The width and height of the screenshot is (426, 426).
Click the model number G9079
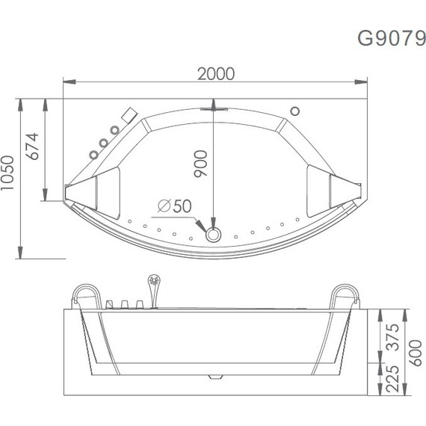(x=391, y=38)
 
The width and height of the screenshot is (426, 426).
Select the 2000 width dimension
(x=216, y=74)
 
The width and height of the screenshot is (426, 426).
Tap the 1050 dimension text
(x=7, y=173)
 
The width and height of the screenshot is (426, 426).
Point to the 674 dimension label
(x=32, y=146)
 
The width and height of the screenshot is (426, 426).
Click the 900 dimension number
(x=200, y=164)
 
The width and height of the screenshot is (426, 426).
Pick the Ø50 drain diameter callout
(x=175, y=206)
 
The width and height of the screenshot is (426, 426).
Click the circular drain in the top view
(x=213, y=235)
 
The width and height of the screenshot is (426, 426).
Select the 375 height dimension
(x=393, y=337)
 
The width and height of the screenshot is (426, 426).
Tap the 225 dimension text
(x=393, y=379)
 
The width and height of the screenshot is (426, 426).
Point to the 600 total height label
(x=416, y=353)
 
